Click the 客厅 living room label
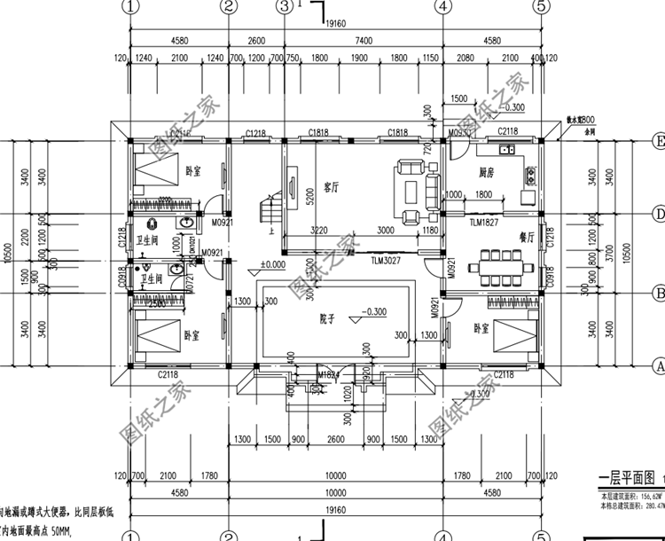tap(332, 187)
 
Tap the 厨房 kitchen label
tap(486, 173)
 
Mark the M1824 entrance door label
tap(330, 376)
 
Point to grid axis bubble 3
tap(284, 6)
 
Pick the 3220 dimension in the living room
tap(321, 229)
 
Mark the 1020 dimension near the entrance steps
tap(343, 391)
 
